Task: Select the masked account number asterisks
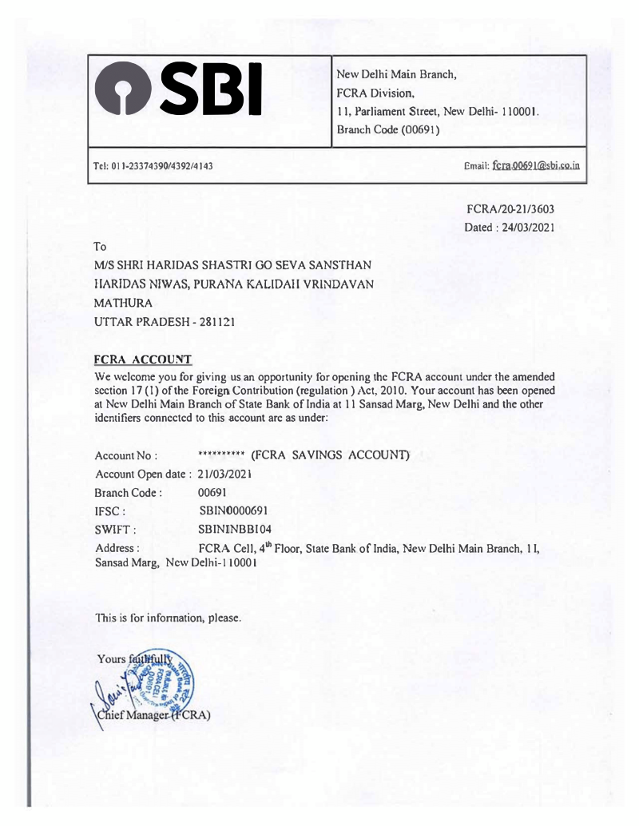click(x=221, y=455)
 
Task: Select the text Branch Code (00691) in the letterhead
click(x=388, y=129)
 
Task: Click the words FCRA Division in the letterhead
click(x=378, y=93)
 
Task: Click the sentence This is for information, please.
click(x=167, y=617)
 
